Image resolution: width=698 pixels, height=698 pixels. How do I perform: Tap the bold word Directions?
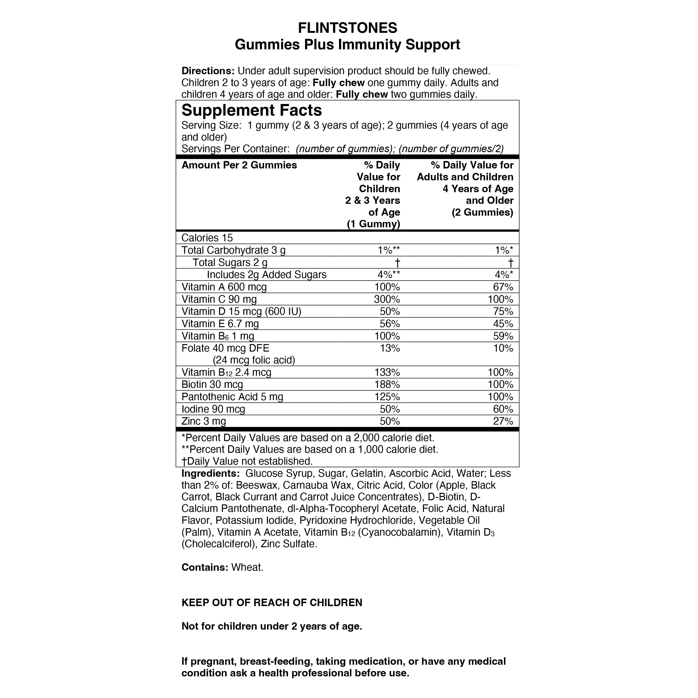pyautogui.click(x=208, y=71)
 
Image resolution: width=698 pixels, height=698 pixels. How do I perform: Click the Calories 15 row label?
pyautogui.click(x=207, y=238)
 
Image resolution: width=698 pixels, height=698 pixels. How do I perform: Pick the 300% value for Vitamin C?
pyautogui.click(x=387, y=299)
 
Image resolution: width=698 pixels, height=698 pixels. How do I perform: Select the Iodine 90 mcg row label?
pyautogui.click(x=213, y=409)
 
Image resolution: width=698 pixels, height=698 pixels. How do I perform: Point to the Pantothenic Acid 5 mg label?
pyautogui.click(x=232, y=397)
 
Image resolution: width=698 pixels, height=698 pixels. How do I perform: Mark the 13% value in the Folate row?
pyautogui.click(x=389, y=348)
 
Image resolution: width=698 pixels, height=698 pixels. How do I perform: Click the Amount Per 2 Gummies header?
pyautogui.click(x=239, y=165)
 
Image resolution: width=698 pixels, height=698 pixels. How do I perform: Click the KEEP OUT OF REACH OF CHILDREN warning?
pyautogui.click(x=272, y=603)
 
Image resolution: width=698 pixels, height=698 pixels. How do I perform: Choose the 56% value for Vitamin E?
pyautogui.click(x=389, y=324)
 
